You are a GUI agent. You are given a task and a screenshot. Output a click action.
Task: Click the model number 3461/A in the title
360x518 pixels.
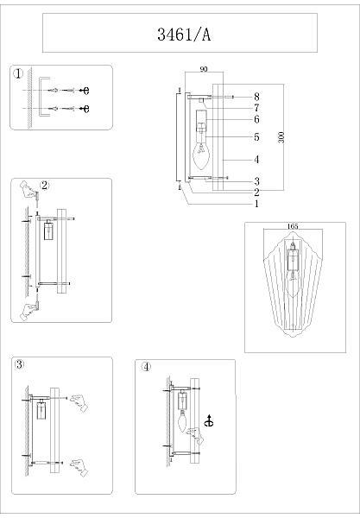click(x=184, y=35)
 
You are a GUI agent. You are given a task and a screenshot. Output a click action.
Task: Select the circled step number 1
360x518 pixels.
click(x=18, y=73)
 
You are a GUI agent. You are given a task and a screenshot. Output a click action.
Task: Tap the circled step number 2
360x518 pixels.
click(x=45, y=186)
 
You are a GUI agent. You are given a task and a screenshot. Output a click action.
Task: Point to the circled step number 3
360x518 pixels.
click(x=20, y=364)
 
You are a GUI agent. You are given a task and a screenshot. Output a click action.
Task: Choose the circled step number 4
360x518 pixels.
click(x=146, y=366)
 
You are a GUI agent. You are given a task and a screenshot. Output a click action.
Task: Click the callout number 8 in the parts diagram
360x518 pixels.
click(x=256, y=97)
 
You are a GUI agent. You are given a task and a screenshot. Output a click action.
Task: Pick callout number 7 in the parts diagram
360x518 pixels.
click(x=256, y=108)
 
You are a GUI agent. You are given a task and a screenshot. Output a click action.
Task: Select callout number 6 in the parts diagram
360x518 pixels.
click(x=256, y=119)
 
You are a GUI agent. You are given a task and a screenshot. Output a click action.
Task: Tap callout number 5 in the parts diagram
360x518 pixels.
click(x=256, y=136)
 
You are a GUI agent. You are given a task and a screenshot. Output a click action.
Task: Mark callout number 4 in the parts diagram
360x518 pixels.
click(x=256, y=160)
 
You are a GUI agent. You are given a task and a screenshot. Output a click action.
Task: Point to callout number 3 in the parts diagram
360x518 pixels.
click(x=256, y=181)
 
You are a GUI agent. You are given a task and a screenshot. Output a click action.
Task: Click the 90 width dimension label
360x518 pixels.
click(x=204, y=69)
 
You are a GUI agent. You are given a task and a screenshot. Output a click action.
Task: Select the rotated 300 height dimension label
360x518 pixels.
click(x=281, y=137)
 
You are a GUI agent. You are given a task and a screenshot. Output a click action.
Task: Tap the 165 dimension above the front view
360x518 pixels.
click(x=293, y=226)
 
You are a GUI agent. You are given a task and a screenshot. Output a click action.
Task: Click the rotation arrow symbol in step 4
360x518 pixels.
click(x=209, y=421)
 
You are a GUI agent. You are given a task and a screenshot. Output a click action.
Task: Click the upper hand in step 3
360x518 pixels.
click(x=79, y=402)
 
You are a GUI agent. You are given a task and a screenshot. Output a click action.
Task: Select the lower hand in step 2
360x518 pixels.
click(x=30, y=311)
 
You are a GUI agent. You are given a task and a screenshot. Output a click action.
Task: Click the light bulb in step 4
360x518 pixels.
click(x=183, y=421)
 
